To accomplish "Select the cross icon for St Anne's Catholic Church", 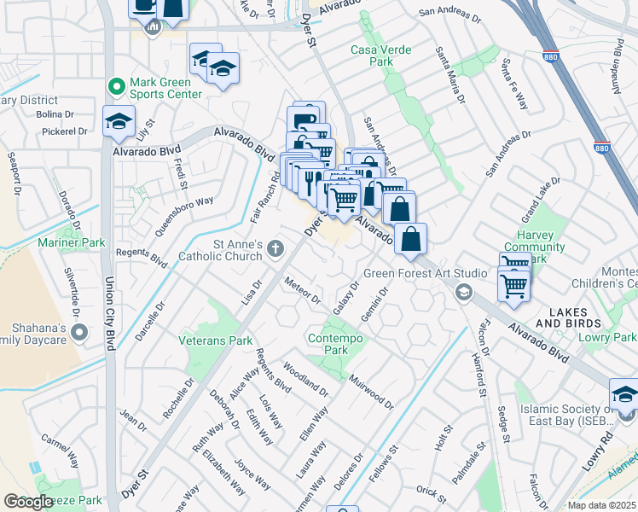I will pos(275,249).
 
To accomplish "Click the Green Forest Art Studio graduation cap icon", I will pos(463,294).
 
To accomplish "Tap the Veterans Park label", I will pos(215,340).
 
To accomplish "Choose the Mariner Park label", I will pos(71,243).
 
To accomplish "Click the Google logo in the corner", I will pos(28,502).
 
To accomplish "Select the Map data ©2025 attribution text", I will pos(601,505).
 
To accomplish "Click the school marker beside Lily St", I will pos(119,121).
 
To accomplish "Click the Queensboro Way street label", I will pos(183,216).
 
